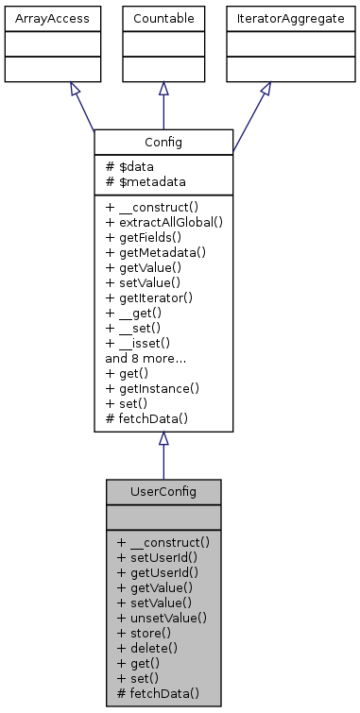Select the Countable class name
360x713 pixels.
point(163,18)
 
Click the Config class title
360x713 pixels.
point(163,142)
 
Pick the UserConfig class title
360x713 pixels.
point(163,492)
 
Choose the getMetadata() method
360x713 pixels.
point(155,252)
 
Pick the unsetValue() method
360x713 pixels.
point(161,618)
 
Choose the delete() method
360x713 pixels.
point(146,648)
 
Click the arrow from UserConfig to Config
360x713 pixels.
point(163,461)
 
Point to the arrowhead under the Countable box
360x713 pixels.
point(163,89)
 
